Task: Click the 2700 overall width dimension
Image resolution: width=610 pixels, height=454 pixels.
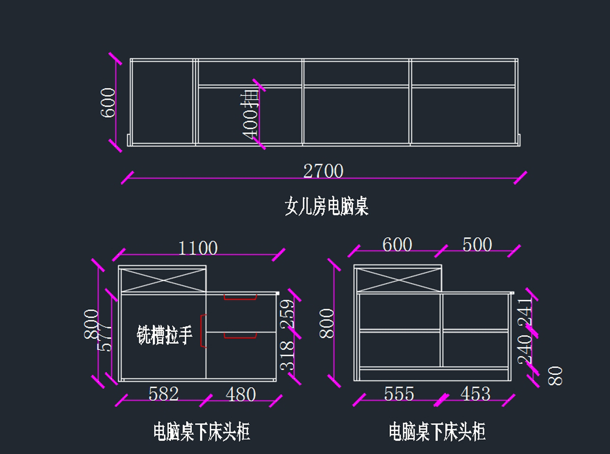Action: tap(323, 171)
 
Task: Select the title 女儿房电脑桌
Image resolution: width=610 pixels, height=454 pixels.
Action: tap(326, 207)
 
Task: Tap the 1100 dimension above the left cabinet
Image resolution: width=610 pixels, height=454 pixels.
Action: tap(198, 248)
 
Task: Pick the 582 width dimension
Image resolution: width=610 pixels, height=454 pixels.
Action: tap(164, 394)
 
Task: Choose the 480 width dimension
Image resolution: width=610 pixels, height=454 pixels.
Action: tap(240, 394)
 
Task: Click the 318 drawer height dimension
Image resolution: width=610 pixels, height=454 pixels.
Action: tap(287, 355)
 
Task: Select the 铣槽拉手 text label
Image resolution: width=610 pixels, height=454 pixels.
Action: tap(165, 336)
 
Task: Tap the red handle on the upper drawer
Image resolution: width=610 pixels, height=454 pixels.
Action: tap(240, 298)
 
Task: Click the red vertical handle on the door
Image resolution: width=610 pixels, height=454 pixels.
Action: tap(203, 331)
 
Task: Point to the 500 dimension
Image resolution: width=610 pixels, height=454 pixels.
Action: tap(477, 245)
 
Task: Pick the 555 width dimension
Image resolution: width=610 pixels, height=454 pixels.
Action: tap(399, 394)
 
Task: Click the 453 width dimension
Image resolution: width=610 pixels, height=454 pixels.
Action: tap(475, 394)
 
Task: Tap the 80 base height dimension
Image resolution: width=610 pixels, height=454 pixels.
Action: tap(557, 375)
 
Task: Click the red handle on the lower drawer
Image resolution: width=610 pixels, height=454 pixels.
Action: tap(240, 335)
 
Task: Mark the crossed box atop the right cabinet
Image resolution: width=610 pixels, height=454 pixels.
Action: tap(399, 279)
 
